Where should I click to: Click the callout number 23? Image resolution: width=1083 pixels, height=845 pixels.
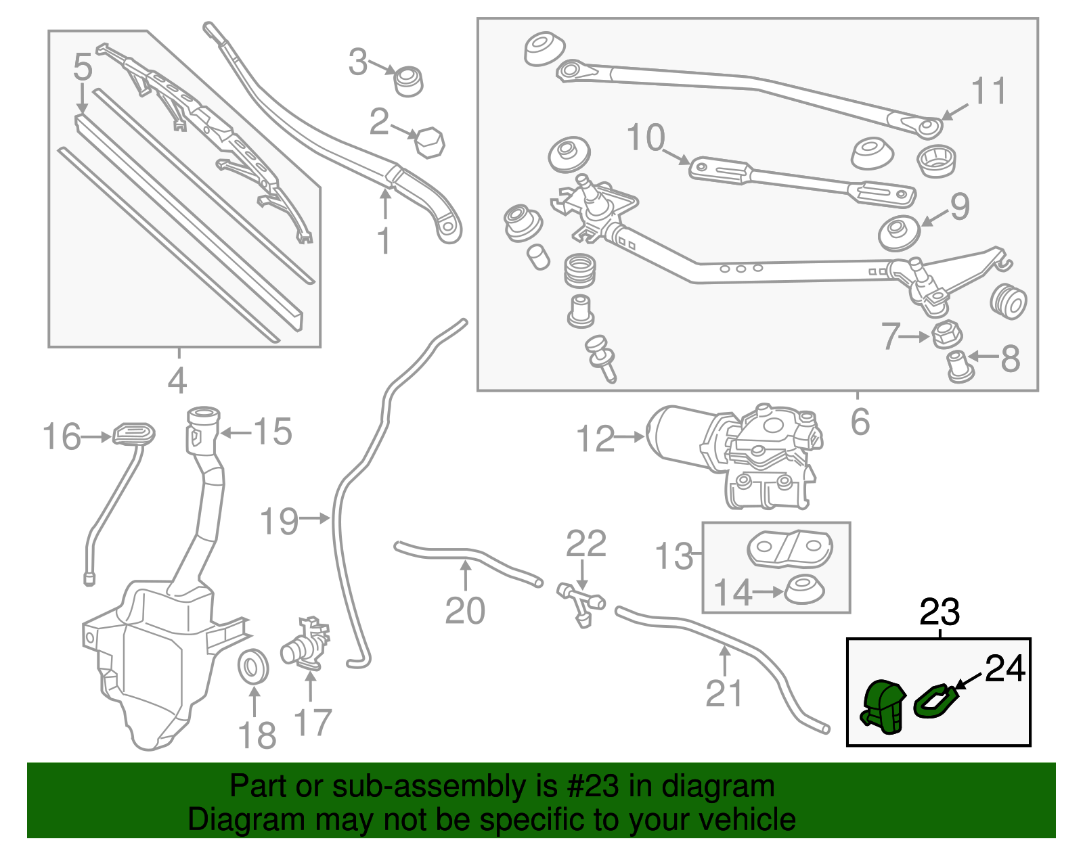(940, 612)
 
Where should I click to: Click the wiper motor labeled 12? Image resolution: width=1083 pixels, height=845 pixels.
(734, 453)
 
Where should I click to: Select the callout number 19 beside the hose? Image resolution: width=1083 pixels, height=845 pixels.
(279, 522)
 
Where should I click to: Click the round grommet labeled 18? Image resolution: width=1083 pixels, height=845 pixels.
(255, 666)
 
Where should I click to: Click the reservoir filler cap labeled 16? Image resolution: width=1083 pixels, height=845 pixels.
(133, 433)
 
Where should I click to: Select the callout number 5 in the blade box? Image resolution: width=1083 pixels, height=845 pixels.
(82, 67)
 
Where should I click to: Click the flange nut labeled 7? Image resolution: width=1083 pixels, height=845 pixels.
(947, 334)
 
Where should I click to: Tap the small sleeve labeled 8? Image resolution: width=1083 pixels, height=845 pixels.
(958, 366)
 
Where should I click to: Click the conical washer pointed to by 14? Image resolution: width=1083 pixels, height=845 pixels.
(804, 589)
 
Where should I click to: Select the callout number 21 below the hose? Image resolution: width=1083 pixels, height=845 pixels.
(724, 693)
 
